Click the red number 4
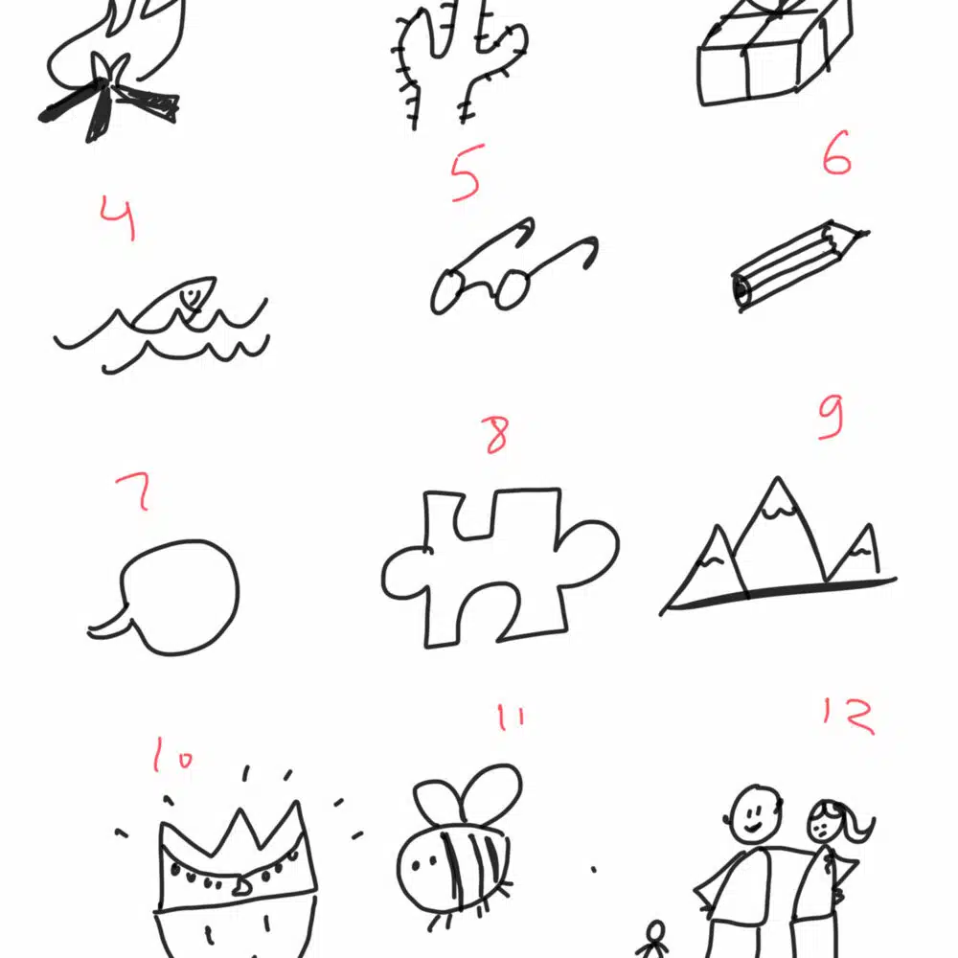118,217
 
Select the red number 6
836,152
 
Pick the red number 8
497,435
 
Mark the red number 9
832,417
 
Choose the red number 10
172,755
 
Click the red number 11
511,718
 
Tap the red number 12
849,716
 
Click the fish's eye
191,296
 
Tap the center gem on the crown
240,886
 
